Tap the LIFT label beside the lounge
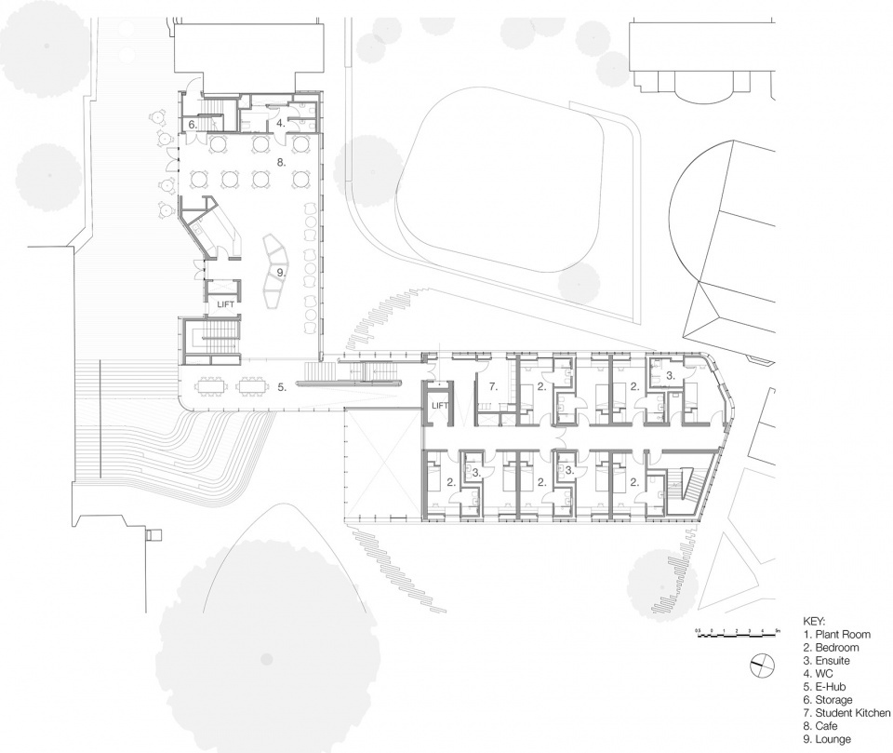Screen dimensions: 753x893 point(226,303)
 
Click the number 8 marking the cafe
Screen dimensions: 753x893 point(279,161)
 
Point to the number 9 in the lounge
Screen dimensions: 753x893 point(279,272)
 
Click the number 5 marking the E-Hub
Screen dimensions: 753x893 point(281,385)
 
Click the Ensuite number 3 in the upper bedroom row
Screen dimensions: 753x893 point(668,376)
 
